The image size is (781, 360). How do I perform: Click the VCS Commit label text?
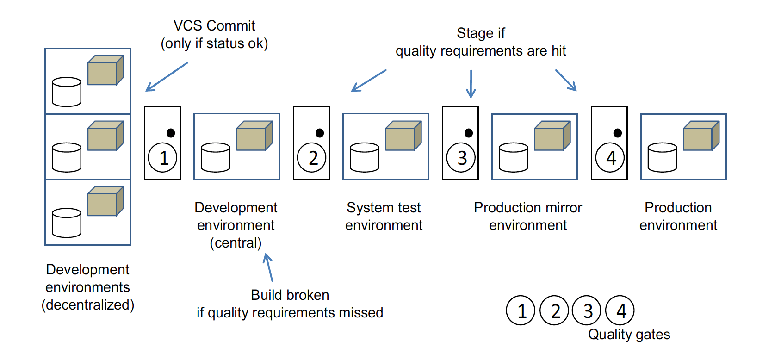[214, 26]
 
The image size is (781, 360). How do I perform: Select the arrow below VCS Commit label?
[167, 77]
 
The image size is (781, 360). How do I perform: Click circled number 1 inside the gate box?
[162, 158]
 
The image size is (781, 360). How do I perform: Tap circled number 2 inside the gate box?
[312, 158]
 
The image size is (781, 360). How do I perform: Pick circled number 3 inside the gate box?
[461, 158]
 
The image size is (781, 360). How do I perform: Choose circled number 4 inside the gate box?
[610, 158]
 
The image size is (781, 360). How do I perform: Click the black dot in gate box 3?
[469, 133]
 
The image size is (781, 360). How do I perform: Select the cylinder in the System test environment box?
[365, 157]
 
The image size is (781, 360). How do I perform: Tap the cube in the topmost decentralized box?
[105, 71]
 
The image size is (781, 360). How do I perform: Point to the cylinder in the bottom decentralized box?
[67, 223]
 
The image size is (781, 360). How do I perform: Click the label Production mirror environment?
[528, 216]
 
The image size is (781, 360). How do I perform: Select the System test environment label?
[384, 216]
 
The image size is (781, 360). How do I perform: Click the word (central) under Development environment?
[236, 243]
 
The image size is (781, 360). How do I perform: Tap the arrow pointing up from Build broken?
[268, 267]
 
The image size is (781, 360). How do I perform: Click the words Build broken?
[290, 295]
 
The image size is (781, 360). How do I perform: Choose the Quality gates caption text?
[629, 334]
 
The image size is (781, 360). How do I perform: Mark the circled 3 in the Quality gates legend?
[587, 310]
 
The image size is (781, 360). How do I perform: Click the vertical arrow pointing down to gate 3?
[471, 84]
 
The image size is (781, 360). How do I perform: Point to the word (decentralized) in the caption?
[88, 305]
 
